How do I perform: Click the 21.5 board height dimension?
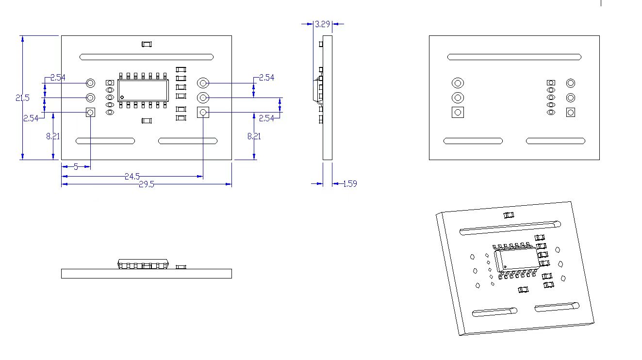tap(22, 98)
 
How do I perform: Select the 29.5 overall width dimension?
tap(146, 184)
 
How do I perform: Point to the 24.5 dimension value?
tap(132, 177)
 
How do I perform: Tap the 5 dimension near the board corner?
tap(76, 166)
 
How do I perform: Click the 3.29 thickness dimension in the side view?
tap(323, 24)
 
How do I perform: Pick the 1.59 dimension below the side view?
tap(350, 184)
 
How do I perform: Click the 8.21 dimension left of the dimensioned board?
tap(53, 136)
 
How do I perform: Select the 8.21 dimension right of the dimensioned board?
tap(254, 136)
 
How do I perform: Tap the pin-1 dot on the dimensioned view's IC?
tap(122, 97)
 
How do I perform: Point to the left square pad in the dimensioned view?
tap(90, 113)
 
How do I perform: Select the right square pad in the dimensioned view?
tap(203, 113)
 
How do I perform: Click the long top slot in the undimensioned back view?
tap(514, 57)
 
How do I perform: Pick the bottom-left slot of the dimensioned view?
tap(105, 141)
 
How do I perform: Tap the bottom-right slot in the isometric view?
tap(557, 307)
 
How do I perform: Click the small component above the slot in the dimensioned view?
tap(147, 44)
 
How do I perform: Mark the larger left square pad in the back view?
tap(458, 113)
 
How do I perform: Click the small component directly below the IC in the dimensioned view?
tap(147, 120)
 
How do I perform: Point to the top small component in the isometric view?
tap(509, 215)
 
